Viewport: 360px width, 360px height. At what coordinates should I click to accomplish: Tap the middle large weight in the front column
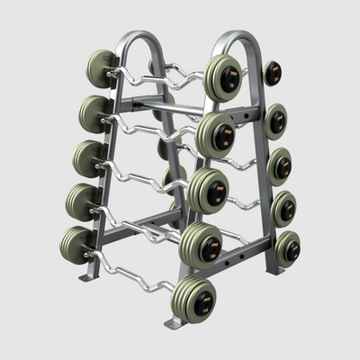208,189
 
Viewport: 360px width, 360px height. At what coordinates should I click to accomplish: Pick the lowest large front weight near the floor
194,298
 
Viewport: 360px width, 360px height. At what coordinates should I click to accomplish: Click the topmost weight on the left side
101,67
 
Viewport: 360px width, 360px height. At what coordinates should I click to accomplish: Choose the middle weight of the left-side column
88,158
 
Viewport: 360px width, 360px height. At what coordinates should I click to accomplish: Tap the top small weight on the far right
272,73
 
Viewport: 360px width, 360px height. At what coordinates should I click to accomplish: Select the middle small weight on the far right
279,166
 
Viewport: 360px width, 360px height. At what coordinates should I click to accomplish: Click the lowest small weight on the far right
287,248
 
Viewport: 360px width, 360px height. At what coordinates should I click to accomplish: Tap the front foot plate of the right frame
175,321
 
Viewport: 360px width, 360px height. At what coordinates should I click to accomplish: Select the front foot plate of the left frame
87,274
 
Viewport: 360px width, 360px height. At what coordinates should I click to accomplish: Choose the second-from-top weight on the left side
94,113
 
